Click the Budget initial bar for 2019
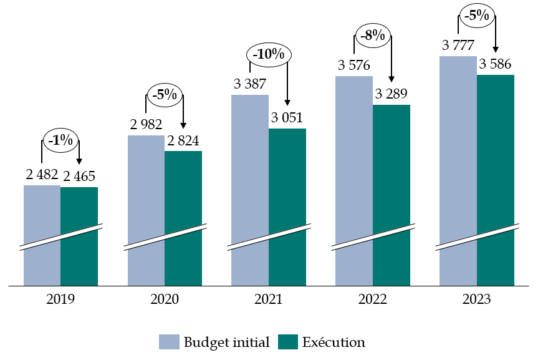pos(42,212)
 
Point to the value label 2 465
pos(79,176)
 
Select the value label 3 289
pos(391,94)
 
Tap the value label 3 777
pos(458,46)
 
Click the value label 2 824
pos(183,140)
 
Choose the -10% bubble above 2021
pos(269,54)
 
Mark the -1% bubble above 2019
pos(60,141)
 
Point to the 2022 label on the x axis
pos(372,299)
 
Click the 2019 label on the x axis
pos(60,299)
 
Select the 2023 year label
pos(476,299)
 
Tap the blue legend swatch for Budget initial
pos(169,342)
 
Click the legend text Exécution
pos(334,342)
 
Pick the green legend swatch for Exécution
pos(287,342)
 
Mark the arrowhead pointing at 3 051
pos(287,102)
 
